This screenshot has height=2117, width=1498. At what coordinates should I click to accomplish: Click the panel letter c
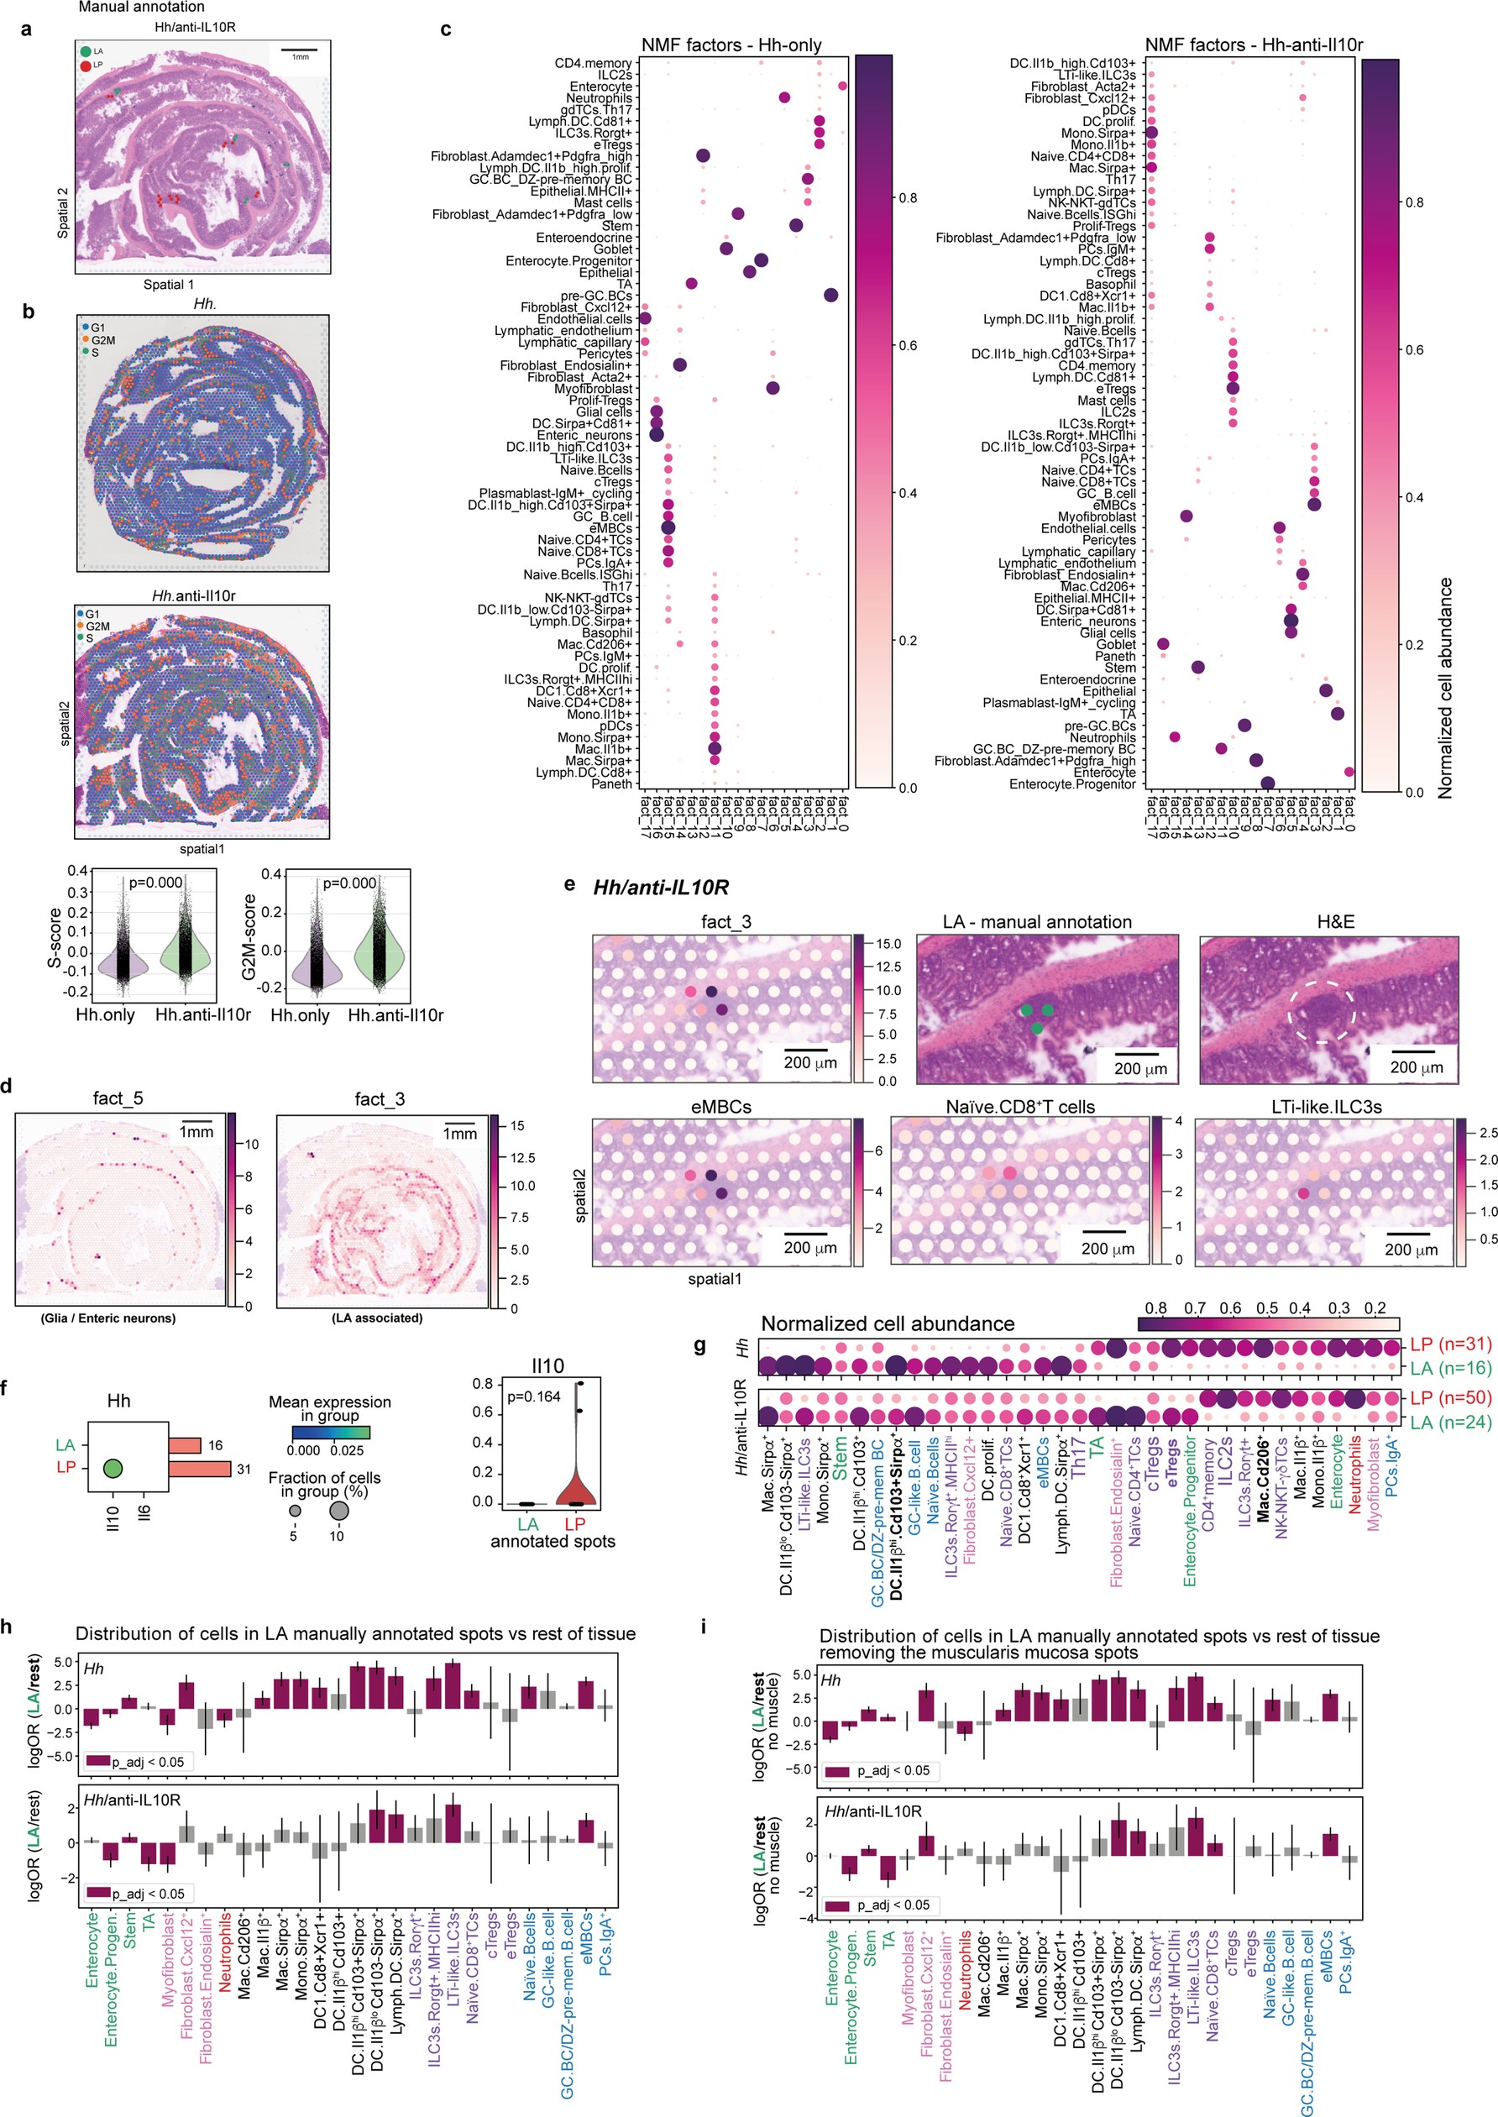pos(446,29)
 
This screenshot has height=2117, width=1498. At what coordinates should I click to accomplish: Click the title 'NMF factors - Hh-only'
pos(731,45)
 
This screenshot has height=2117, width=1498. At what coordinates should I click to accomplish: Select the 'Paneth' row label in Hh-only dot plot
pos(611,784)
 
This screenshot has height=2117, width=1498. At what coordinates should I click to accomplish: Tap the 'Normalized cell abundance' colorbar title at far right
pos(1445,687)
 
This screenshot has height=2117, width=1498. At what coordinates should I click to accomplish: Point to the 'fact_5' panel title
pos(118,1098)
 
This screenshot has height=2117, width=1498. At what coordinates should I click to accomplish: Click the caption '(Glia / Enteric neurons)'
pos(108,1318)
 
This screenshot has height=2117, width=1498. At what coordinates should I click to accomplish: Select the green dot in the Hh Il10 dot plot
pos(113,1468)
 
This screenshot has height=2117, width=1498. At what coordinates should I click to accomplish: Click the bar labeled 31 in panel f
pos(199,1469)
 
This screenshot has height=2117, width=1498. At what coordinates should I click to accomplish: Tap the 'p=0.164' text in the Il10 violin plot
pos(534,1396)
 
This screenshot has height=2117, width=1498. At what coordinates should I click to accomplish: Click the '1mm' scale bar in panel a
pos(300,50)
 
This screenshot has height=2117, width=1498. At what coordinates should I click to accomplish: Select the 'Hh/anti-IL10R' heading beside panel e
pos(661,888)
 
